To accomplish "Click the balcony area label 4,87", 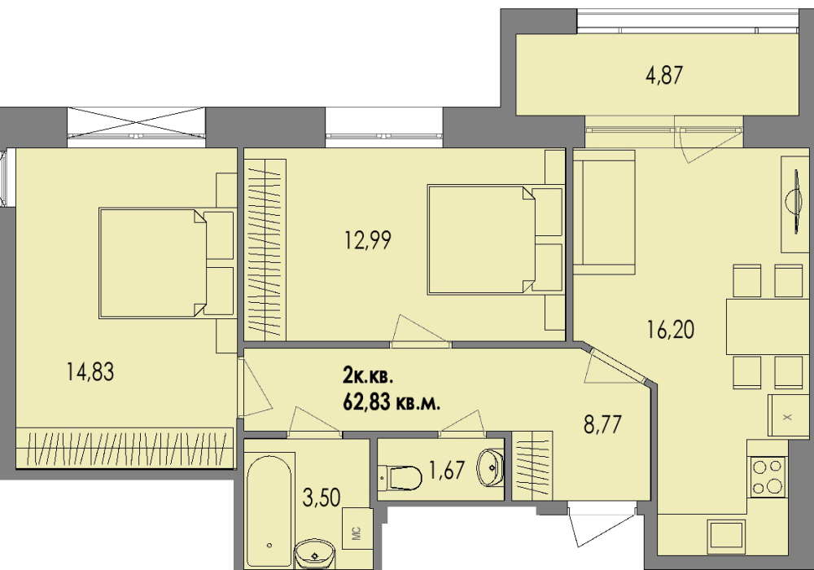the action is (664, 76).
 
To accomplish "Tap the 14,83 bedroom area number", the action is (90, 371).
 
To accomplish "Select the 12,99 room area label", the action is (368, 240).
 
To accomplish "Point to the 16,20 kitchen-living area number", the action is (671, 329).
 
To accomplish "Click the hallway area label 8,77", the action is (602, 424).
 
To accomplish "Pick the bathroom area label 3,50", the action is (322, 498).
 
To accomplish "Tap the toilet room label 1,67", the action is (446, 471).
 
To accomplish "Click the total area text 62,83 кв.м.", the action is (392, 401).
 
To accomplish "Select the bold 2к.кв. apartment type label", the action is (368, 375).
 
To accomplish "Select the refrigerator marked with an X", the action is (788, 416).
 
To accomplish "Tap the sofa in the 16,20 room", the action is (604, 213).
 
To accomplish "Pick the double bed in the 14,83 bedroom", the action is (166, 263).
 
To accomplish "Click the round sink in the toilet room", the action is (490, 467).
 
